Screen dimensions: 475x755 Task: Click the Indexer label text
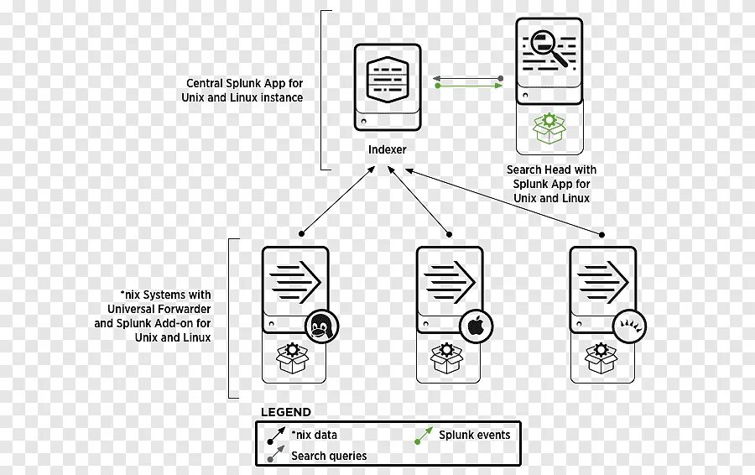tap(387, 150)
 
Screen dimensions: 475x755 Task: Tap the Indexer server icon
tap(387, 86)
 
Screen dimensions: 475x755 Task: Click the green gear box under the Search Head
tap(549, 128)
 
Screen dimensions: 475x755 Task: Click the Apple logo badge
tap(475, 326)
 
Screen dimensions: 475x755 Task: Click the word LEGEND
tap(285, 412)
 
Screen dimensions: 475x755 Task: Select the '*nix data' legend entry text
tap(315, 435)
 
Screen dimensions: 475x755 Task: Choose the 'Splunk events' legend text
tap(474, 435)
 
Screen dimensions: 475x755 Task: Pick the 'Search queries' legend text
tap(329, 456)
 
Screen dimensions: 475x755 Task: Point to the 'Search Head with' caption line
tap(551, 170)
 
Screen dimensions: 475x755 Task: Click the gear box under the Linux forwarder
tap(293, 358)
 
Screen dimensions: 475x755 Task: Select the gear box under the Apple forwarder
tap(447, 358)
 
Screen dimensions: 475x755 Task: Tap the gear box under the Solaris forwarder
tap(601, 358)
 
